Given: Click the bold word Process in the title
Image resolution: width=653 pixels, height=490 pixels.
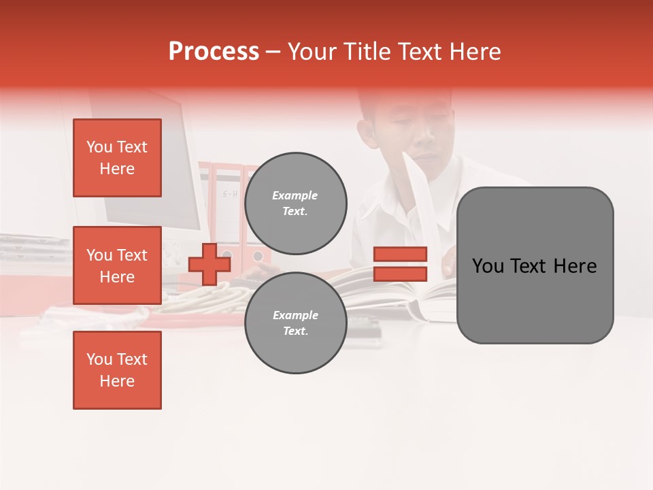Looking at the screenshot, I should pos(214,52).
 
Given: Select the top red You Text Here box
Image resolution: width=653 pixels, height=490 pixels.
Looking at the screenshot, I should pos(117,158).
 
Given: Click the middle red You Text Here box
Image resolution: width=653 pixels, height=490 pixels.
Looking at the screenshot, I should pos(117,265).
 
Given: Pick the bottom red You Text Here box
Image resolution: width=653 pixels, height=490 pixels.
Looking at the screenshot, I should pos(117,370).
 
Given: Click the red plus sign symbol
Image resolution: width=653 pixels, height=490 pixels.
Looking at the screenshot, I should pos(210,265).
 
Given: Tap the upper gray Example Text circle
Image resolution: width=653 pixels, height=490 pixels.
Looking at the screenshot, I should pos(295,203).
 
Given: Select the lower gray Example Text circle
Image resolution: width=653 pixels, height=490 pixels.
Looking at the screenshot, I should pos(295,323).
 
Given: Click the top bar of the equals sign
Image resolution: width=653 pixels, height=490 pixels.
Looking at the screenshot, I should pos(401,254).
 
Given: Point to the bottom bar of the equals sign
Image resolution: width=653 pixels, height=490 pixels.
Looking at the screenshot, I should pos(401,274).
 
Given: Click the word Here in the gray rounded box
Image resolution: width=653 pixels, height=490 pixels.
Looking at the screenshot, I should pos(575,266).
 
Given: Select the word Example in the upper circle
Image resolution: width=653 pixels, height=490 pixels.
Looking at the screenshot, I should pos(295,195).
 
